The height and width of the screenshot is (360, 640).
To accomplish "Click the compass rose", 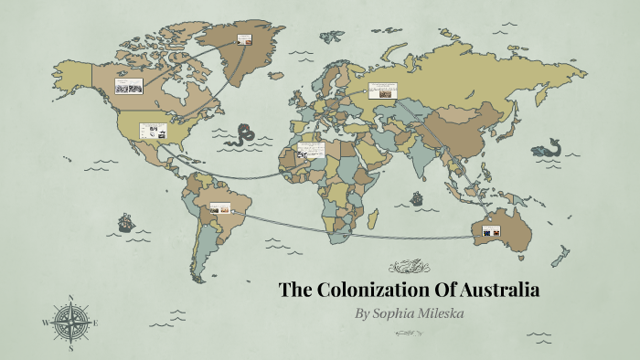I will (70, 323).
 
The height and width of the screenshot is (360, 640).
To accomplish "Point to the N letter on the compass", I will (70, 298).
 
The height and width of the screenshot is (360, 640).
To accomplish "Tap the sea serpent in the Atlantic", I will (243, 135).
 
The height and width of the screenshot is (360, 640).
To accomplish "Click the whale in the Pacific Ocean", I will (550, 146).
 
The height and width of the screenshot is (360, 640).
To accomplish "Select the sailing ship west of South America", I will (125, 221).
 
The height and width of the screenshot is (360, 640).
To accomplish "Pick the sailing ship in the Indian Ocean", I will (417, 197).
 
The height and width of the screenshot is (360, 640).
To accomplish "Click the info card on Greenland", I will (244, 38).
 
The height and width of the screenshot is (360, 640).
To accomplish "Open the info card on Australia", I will (486, 231).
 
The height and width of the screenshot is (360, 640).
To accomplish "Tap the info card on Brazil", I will (219, 208).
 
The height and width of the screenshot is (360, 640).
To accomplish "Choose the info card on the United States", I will (152, 131).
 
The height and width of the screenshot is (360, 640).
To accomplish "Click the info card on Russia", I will (383, 90).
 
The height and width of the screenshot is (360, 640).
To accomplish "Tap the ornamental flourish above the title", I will (409, 268).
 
